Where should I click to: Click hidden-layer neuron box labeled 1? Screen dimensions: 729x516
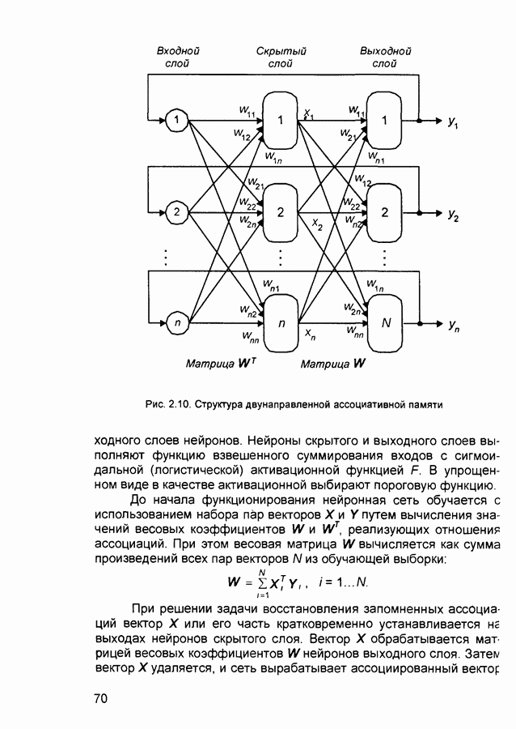point(281,121)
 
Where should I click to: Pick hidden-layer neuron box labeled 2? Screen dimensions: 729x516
point(281,212)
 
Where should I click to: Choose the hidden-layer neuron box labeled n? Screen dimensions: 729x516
point(281,323)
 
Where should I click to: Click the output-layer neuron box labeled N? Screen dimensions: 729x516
point(386,323)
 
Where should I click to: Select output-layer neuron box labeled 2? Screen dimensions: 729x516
point(386,212)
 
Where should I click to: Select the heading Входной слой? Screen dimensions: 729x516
point(177,57)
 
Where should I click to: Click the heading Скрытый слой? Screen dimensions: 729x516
point(281,57)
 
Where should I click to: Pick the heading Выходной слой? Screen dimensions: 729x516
point(386,57)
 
